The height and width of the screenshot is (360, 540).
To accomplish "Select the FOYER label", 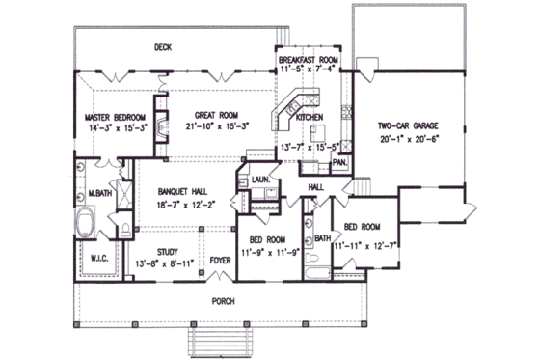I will click(222, 261).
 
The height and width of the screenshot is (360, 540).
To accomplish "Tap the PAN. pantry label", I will click(339, 163).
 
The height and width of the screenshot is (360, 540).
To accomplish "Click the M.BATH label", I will click(97, 194).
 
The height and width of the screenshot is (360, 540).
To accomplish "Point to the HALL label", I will click(315, 185).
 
